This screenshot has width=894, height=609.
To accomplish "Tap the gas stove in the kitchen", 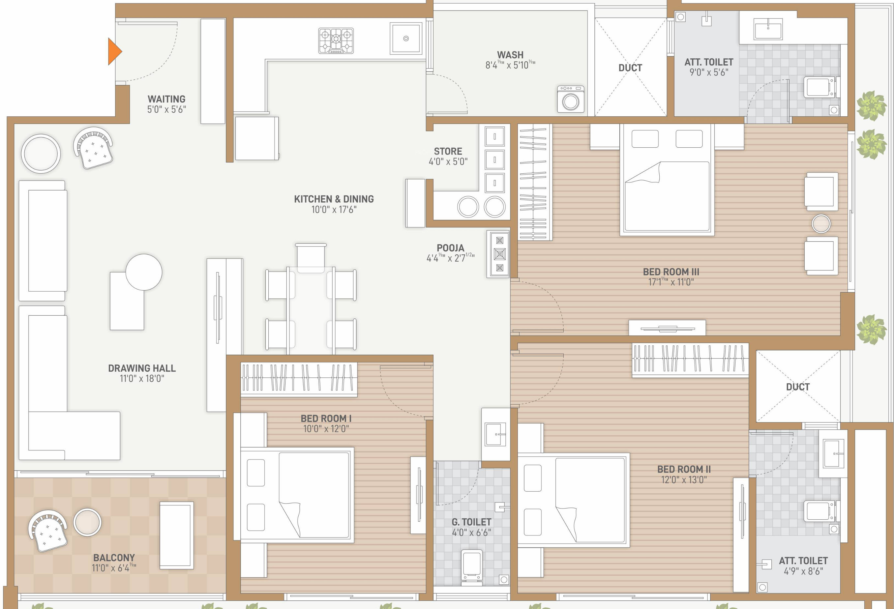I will coord(336,40).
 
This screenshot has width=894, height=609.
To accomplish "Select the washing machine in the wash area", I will coord(571,99).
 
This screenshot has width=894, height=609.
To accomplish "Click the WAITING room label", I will coord(166,99).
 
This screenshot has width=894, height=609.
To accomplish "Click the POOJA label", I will coord(450,248).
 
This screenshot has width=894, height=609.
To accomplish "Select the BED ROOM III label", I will coord(671,272).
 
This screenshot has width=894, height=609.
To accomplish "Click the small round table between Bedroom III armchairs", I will coord(821,223).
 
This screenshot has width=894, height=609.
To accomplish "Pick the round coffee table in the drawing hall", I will coord(144,272).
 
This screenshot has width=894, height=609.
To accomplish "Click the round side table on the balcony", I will coord(87,522).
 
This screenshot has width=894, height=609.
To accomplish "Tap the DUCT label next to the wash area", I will coord(630,68).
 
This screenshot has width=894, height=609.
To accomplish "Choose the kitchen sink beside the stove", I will coord(406,38).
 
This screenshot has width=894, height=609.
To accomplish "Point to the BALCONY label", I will coord(114,558).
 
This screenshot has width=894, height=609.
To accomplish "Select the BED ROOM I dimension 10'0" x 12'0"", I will coord(326,429).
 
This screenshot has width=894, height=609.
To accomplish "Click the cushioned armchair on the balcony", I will coord(48,531).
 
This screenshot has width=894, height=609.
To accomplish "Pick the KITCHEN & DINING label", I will coord(334,199).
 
